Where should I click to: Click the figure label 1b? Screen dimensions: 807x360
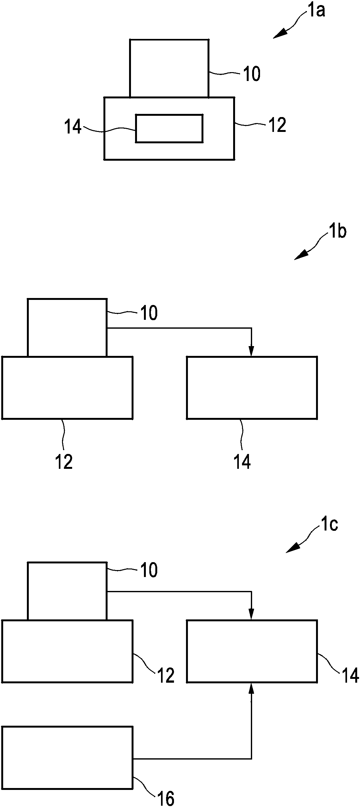point(337,232)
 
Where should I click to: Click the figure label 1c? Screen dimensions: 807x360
point(329,525)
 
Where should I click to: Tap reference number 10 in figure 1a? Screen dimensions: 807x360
point(251,74)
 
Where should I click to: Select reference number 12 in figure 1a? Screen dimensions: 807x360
point(277,125)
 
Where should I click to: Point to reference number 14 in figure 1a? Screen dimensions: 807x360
point(73,128)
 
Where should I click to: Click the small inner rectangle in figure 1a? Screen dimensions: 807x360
point(169,128)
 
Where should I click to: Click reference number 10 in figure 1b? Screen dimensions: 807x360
point(149,313)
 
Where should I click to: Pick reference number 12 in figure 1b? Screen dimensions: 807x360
point(64,462)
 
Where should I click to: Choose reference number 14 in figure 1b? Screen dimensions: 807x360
point(242,462)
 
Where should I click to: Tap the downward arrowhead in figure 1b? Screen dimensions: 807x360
point(251,351)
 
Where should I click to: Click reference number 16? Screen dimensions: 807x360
point(165,797)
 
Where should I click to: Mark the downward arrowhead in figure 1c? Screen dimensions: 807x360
point(251,614)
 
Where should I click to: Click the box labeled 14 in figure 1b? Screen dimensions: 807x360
point(252,388)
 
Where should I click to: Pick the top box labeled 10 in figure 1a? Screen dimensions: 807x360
point(169,68)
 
